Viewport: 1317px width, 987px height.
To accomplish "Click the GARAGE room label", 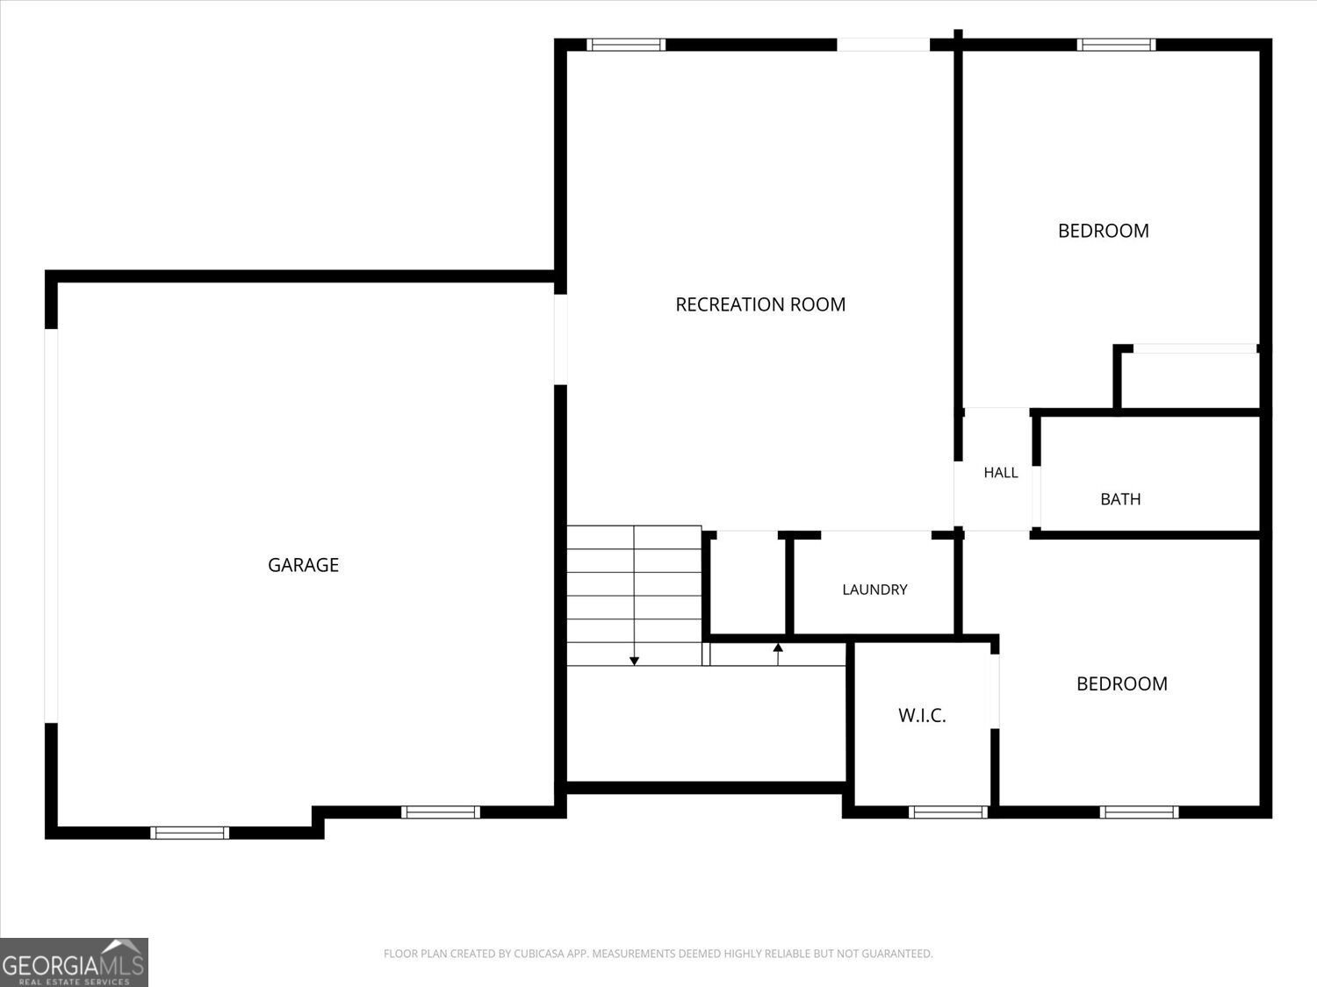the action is click(303, 564).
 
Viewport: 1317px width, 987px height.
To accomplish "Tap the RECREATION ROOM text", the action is click(760, 304).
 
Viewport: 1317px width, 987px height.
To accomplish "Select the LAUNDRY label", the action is click(874, 590).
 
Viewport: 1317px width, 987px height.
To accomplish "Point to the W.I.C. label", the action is click(922, 715).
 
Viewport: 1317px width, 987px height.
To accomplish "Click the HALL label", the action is click(1001, 473).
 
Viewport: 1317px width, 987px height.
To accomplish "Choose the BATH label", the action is click(1120, 499).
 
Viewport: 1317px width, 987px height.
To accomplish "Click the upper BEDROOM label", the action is click(1104, 231).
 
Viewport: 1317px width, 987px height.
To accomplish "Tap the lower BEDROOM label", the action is click(1122, 683).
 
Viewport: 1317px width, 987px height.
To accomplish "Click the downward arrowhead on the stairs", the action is click(634, 661).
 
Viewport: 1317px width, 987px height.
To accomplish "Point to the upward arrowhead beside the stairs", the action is click(778, 647).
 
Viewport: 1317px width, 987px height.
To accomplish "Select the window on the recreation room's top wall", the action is click(626, 45).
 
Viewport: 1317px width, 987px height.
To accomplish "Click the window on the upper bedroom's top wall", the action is click(1116, 45).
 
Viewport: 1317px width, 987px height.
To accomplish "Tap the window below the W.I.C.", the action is click(948, 812).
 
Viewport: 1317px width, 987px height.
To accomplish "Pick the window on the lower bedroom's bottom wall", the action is click(1140, 812).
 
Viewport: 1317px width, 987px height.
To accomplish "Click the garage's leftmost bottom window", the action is click(190, 833).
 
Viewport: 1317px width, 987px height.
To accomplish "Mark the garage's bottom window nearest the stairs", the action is click(441, 812).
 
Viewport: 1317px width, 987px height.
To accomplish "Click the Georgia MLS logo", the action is click(74, 962).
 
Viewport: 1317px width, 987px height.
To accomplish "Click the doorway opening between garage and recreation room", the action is click(560, 340).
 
